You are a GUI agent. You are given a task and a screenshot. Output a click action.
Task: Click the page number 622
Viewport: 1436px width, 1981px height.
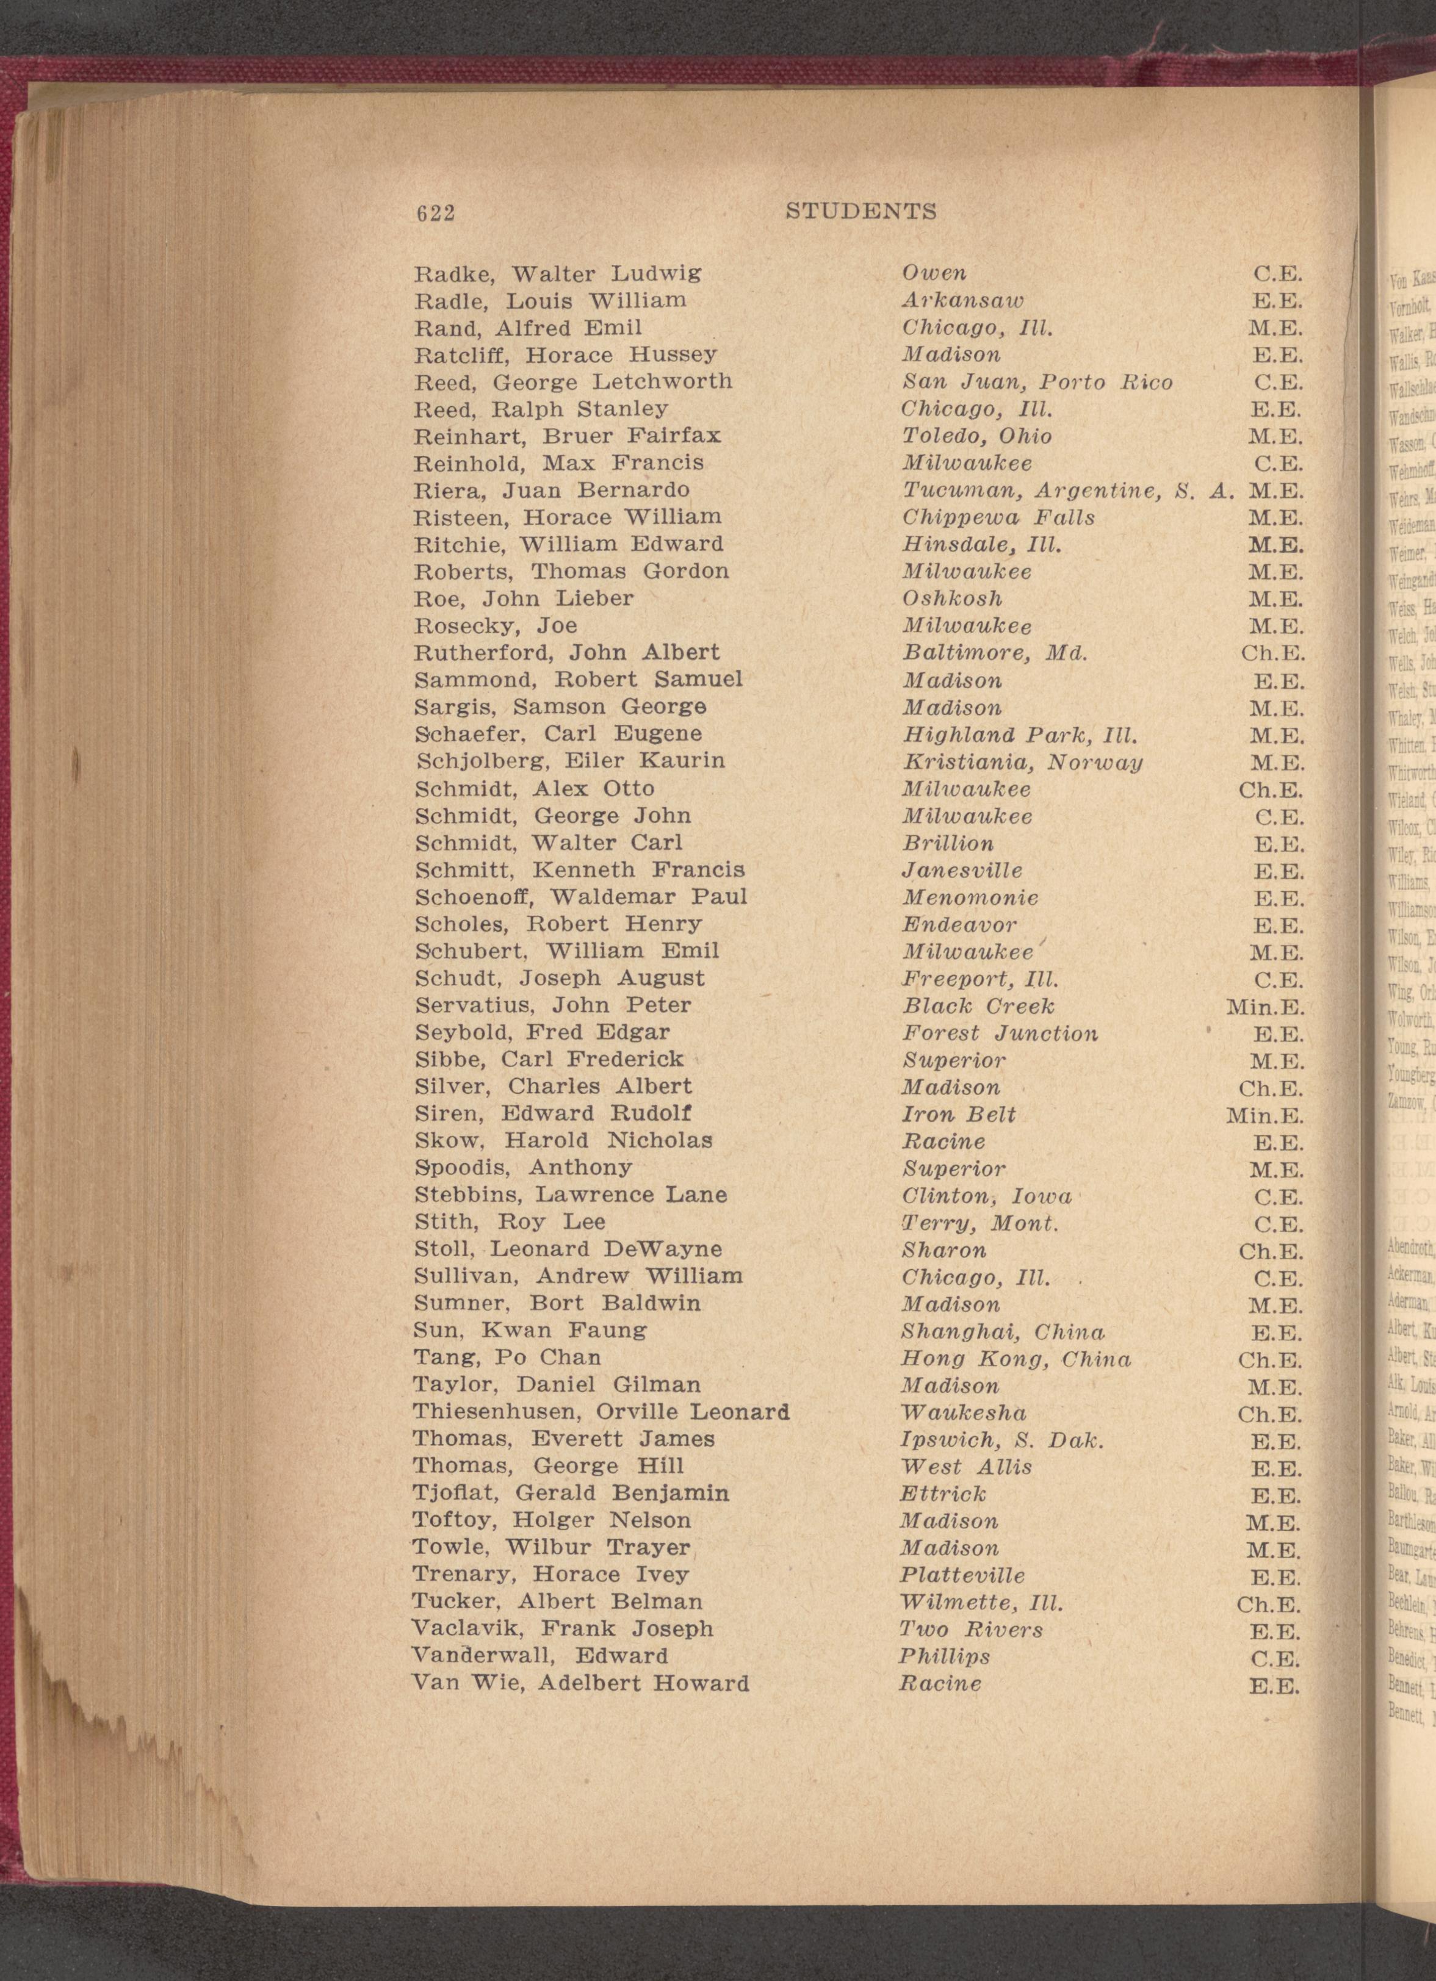436,213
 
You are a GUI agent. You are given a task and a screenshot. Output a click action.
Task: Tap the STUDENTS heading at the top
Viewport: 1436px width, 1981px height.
861,211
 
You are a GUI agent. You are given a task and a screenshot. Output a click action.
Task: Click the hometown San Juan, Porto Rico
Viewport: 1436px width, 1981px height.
1037,383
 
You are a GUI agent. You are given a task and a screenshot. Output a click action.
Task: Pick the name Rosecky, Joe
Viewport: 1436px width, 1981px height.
496,626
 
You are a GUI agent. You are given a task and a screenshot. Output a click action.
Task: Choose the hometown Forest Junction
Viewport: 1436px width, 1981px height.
1001,1034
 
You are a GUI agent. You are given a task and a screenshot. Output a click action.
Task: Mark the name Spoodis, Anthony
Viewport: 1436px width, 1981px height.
522,1168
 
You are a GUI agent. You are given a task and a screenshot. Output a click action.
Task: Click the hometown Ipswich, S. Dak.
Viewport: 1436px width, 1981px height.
1003,1439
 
